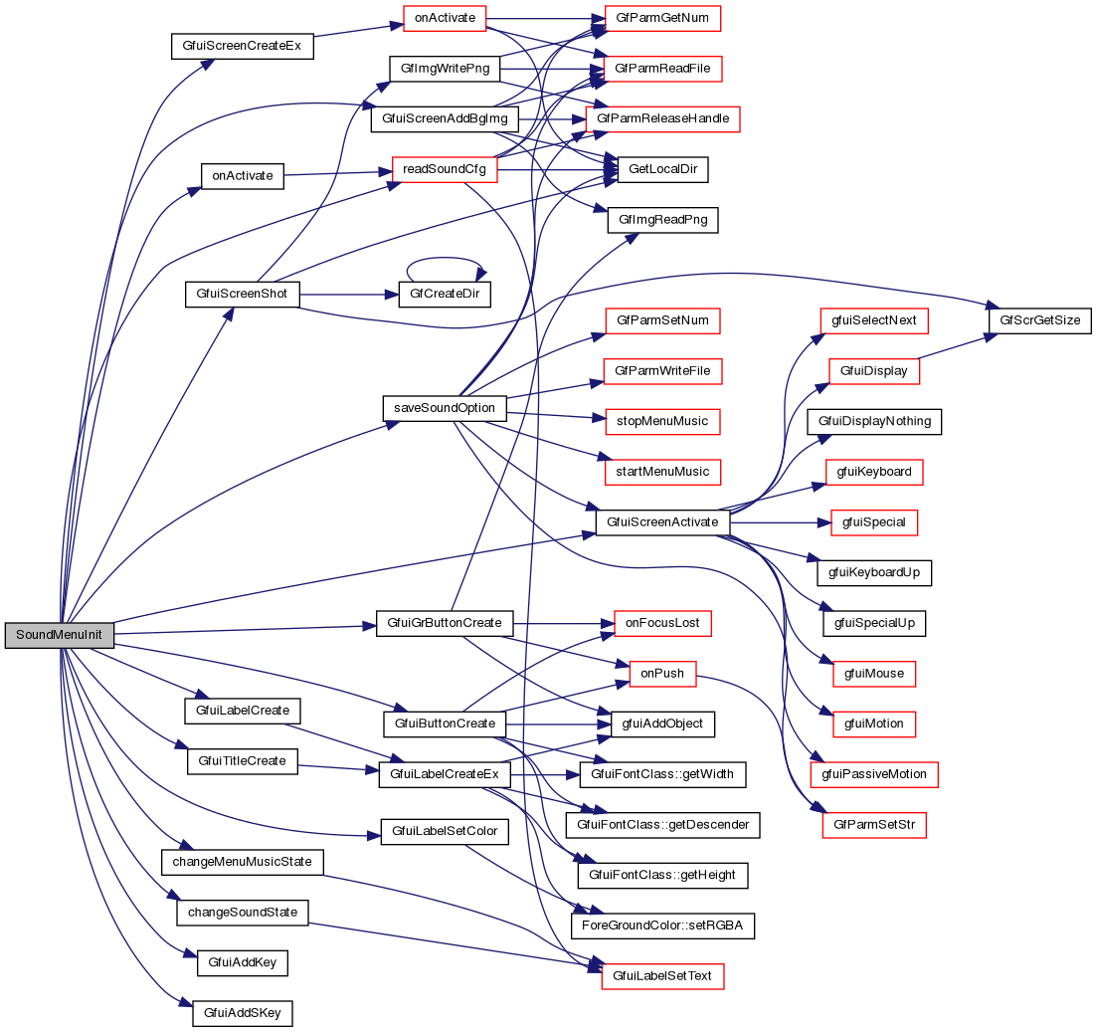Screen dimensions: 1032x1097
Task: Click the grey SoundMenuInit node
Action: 59,635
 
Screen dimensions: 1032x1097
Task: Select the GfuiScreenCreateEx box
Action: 242,46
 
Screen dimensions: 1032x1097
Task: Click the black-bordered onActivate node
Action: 243,175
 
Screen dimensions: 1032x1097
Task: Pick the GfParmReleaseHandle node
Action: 663,118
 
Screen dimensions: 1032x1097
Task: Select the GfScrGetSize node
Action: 1039,320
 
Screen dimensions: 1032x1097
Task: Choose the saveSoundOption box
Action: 445,408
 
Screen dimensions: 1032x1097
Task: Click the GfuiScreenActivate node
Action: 662,521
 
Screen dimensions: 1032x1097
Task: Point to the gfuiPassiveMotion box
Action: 875,773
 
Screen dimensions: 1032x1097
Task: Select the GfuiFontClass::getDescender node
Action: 662,824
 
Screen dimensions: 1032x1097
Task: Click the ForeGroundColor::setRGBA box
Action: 662,926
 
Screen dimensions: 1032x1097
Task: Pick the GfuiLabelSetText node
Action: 662,976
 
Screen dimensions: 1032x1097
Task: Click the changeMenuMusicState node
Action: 243,861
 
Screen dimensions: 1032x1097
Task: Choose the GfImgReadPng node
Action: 662,220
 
